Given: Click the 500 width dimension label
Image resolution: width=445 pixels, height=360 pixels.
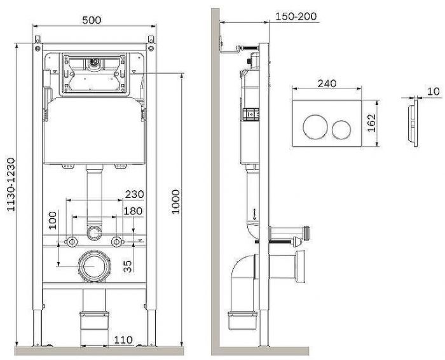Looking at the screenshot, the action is [92, 20].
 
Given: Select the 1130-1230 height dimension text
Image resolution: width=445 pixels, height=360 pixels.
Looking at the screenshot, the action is [11, 184].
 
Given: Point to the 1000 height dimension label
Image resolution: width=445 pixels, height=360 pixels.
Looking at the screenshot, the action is [176, 202].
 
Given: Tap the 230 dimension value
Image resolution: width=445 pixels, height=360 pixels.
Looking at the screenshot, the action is [135, 194].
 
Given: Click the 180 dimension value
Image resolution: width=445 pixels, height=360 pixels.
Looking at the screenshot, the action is [133, 211].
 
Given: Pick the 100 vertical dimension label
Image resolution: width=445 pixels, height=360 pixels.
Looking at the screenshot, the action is [53, 220].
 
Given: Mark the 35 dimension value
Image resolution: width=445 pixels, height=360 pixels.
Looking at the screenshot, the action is [128, 267].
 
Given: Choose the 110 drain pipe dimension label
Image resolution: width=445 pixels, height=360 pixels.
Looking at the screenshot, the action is [123, 340].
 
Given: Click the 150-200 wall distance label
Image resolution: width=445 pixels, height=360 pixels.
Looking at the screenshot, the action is [296, 16].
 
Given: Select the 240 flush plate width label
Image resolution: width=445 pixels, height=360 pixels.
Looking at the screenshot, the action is [327, 83].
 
